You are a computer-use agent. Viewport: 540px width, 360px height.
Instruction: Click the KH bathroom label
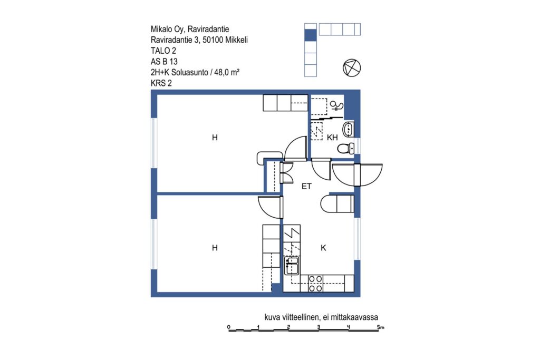(x=332, y=138)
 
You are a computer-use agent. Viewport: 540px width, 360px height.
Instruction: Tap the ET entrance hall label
(x=306, y=187)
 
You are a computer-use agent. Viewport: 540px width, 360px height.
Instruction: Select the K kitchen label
(x=323, y=248)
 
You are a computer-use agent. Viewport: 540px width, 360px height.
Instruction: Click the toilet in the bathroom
(x=345, y=149)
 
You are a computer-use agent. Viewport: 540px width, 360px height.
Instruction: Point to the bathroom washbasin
(x=348, y=129)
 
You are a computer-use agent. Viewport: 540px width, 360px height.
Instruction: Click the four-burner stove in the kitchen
(x=315, y=284)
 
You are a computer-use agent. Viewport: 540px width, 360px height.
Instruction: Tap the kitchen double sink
(x=292, y=266)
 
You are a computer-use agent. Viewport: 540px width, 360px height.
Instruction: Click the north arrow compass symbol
(x=352, y=68)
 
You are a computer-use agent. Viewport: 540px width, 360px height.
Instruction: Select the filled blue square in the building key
(x=310, y=35)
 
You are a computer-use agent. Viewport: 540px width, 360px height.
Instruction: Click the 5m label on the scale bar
(x=380, y=327)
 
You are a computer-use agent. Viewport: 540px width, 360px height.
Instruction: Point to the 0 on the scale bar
(x=229, y=327)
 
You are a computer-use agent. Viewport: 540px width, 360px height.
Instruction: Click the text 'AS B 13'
(x=164, y=62)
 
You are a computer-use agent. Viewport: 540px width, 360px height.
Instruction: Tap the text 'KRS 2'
(x=161, y=83)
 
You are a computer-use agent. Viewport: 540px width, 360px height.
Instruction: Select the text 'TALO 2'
(x=163, y=51)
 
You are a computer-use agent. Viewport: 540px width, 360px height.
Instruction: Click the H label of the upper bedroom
(x=215, y=138)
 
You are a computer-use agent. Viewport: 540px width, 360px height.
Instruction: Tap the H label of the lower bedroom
(x=215, y=248)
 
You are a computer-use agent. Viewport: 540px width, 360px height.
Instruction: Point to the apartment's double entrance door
(x=358, y=175)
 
